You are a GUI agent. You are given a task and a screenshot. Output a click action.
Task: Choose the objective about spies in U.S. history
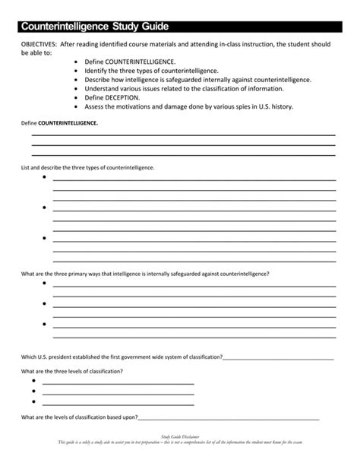pyautogui.click(x=194, y=106)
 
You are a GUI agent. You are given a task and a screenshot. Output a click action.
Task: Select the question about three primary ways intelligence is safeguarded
pyautogui.click(x=145, y=272)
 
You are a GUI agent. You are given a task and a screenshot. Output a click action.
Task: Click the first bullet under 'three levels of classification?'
pyautogui.click(x=34, y=382)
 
